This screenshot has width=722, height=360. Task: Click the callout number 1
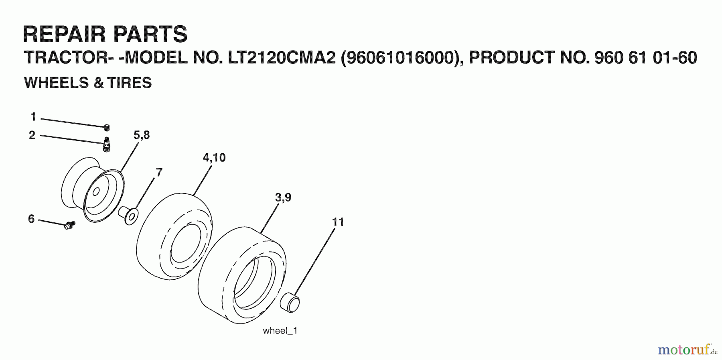(x=33, y=117)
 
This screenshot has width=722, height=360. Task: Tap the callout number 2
(x=32, y=135)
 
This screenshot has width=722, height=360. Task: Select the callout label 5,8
(x=142, y=135)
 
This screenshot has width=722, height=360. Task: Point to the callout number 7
(x=159, y=173)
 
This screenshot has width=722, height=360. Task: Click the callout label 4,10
(x=214, y=158)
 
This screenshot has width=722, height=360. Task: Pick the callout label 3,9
(x=283, y=197)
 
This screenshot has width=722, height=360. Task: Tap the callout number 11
(x=338, y=222)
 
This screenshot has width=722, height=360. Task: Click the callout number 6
(x=31, y=219)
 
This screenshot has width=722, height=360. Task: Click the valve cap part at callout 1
(x=107, y=128)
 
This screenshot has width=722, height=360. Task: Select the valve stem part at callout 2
(x=107, y=144)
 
